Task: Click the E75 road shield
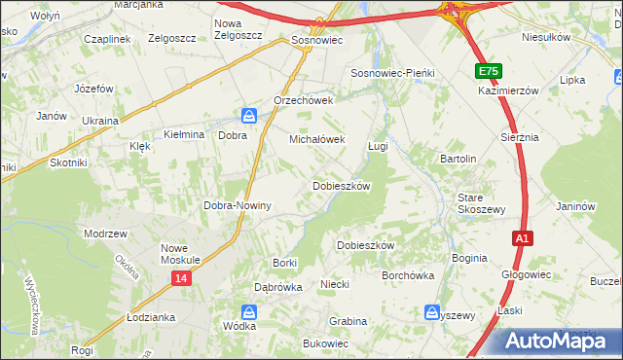coord(489,72)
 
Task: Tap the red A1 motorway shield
coord(523,237)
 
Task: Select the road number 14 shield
coord(182,278)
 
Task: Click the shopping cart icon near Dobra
coord(250,117)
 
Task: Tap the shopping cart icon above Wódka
coord(249,312)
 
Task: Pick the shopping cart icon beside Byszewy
coord(431,312)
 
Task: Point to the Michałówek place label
coord(317,139)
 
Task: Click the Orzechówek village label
coord(304,100)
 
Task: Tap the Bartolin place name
coord(458,159)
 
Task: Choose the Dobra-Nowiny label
coord(237,206)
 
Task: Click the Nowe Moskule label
coord(180,254)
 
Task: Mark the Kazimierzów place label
coord(508,90)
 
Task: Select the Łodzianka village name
coord(151,318)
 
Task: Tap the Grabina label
coord(348,321)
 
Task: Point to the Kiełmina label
coord(183,135)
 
